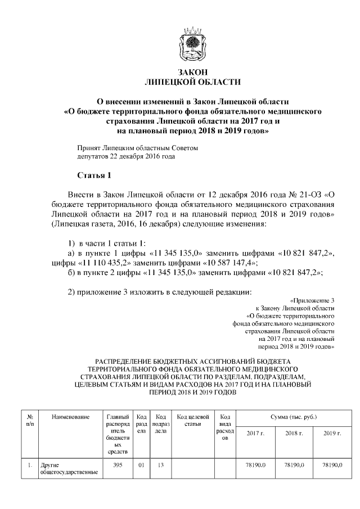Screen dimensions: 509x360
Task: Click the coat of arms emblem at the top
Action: point(192,44)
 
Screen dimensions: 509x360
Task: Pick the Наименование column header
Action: point(70,417)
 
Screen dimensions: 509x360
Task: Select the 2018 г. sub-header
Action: point(294,434)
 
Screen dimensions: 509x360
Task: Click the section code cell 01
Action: point(142,465)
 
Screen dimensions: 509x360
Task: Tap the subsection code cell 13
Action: point(161,465)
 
